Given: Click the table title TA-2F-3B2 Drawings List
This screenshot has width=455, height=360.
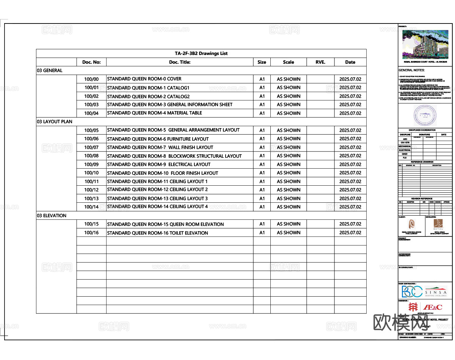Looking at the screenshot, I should (201, 53).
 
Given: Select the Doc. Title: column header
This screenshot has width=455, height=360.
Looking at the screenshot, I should (180, 62).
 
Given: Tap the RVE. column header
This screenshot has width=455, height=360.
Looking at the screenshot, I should (320, 62).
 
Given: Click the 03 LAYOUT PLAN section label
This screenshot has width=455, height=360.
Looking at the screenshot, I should (55, 122).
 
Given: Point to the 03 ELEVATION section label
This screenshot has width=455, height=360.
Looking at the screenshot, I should (52, 216).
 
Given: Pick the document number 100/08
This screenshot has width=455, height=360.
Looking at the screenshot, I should (91, 156).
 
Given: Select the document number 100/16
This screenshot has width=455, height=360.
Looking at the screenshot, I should (91, 233).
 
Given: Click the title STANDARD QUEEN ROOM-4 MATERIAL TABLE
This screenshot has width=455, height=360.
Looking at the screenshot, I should (154, 113).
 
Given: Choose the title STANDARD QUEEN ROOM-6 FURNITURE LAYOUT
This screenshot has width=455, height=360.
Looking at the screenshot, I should (158, 139).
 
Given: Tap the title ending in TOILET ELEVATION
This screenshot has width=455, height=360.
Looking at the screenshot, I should (157, 233).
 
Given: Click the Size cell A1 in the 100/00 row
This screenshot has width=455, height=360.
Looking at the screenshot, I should (262, 79).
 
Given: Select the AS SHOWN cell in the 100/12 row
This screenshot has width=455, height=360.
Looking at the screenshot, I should (289, 190).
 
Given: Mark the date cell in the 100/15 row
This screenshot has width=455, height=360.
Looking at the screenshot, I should (350, 224).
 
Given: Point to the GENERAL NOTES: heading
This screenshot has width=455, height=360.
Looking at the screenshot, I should (411, 70).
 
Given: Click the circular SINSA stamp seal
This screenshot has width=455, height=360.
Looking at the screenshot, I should (425, 116).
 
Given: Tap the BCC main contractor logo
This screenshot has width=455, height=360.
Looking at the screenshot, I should (412, 292).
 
